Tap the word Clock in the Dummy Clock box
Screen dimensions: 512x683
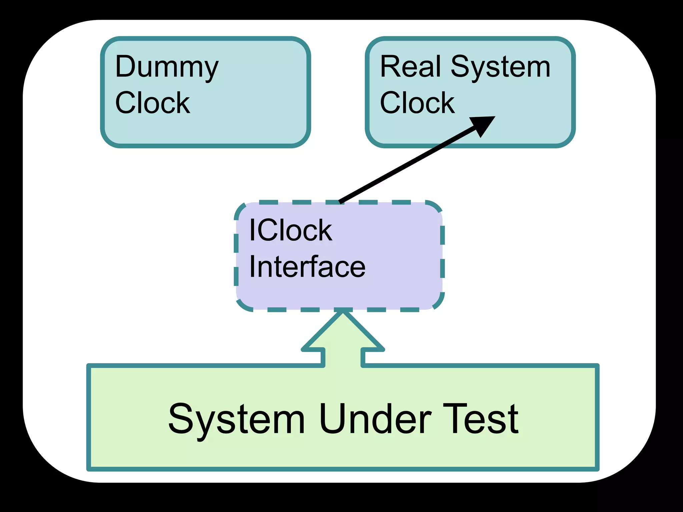(x=152, y=103)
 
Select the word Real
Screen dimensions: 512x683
(x=411, y=67)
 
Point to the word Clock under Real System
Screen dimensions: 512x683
(x=417, y=103)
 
